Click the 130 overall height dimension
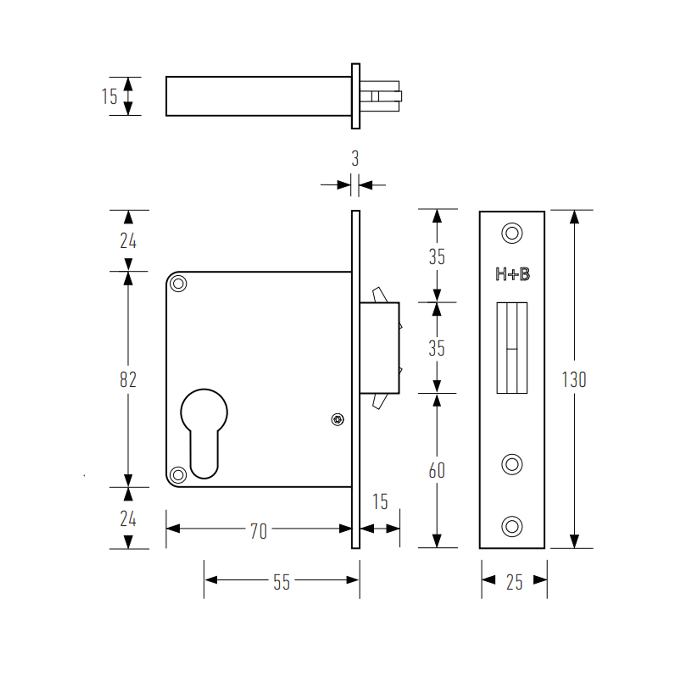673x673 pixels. [x=574, y=379]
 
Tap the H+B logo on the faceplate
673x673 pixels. [x=512, y=275]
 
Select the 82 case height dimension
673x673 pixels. [x=128, y=379]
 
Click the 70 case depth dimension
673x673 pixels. [x=258, y=531]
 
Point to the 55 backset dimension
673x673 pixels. [x=281, y=582]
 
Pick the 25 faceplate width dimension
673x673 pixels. [x=514, y=582]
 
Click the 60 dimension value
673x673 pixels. [x=436, y=470]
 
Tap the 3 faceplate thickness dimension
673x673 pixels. [x=355, y=159]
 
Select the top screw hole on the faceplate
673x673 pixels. [x=512, y=233]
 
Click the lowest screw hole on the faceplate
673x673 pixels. [x=512, y=526]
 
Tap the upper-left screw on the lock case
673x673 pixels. [x=178, y=284]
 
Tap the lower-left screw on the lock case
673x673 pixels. [x=178, y=475]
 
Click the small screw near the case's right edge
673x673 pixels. [x=337, y=420]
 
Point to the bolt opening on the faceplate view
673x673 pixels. [x=512, y=348]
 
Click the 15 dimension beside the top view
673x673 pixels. [x=109, y=96]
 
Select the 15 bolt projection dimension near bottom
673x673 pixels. [x=380, y=502]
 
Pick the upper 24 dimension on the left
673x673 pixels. [x=128, y=241]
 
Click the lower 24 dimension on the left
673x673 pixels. [x=128, y=519]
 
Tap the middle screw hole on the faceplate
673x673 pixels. [x=512, y=464]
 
